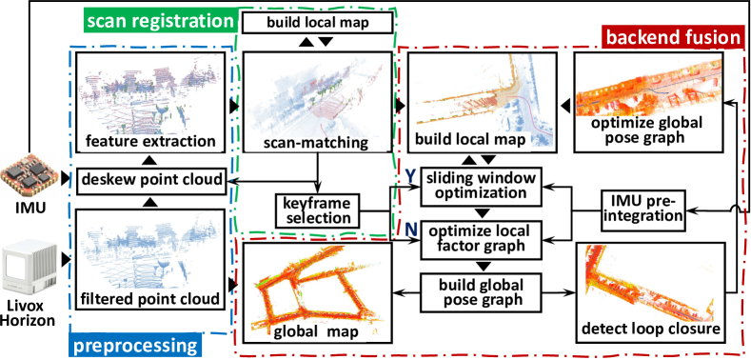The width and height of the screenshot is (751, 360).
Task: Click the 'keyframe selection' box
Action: coord(315,210)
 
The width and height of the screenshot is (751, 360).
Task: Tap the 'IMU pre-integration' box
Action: coord(644,209)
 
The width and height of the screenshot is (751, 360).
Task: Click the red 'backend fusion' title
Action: coord(672,37)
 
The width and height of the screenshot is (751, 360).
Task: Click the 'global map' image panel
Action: coord(318,290)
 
